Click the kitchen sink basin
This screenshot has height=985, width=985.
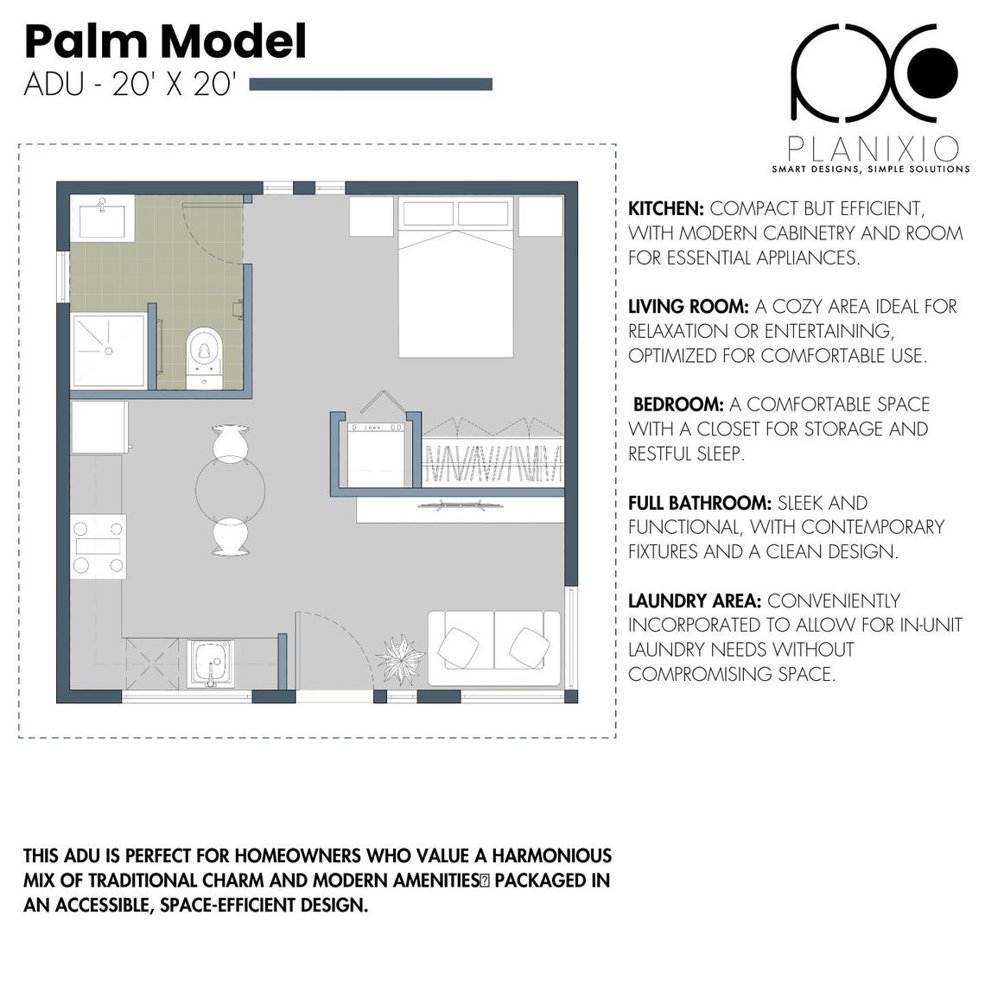click(x=211, y=661)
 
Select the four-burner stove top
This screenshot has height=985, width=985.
click(x=98, y=546)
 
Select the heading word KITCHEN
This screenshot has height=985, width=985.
click(x=664, y=209)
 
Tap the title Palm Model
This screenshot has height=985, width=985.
click(x=165, y=41)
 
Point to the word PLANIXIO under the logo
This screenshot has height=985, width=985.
click(x=871, y=149)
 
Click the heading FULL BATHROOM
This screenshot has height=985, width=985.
click(x=699, y=503)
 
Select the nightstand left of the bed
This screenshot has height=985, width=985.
click(x=372, y=216)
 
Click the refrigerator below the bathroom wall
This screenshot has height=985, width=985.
click(x=98, y=427)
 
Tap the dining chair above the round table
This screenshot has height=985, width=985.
click(x=231, y=441)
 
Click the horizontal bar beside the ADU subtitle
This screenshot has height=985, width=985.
click(x=370, y=85)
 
